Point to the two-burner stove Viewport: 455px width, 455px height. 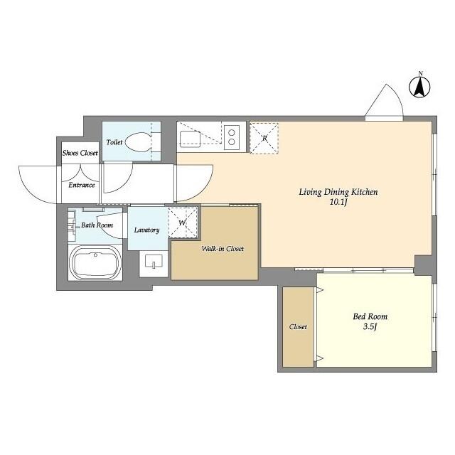(x=231, y=136)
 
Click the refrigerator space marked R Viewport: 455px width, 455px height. (x=264, y=137)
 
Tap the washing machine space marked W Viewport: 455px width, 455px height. (x=183, y=223)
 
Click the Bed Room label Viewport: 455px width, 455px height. (x=370, y=316)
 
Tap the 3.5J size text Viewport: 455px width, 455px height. (x=370, y=328)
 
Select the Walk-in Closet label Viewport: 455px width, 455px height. (x=223, y=249)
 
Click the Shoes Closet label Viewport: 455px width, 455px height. (x=80, y=153)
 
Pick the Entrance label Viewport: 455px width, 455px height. (x=82, y=185)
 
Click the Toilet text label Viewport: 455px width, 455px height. (x=114, y=142)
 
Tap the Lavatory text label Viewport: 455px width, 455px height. (x=146, y=230)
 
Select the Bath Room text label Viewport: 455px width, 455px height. (x=97, y=225)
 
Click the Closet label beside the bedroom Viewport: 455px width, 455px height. (x=298, y=327)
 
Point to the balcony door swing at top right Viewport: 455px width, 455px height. (x=385, y=102)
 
